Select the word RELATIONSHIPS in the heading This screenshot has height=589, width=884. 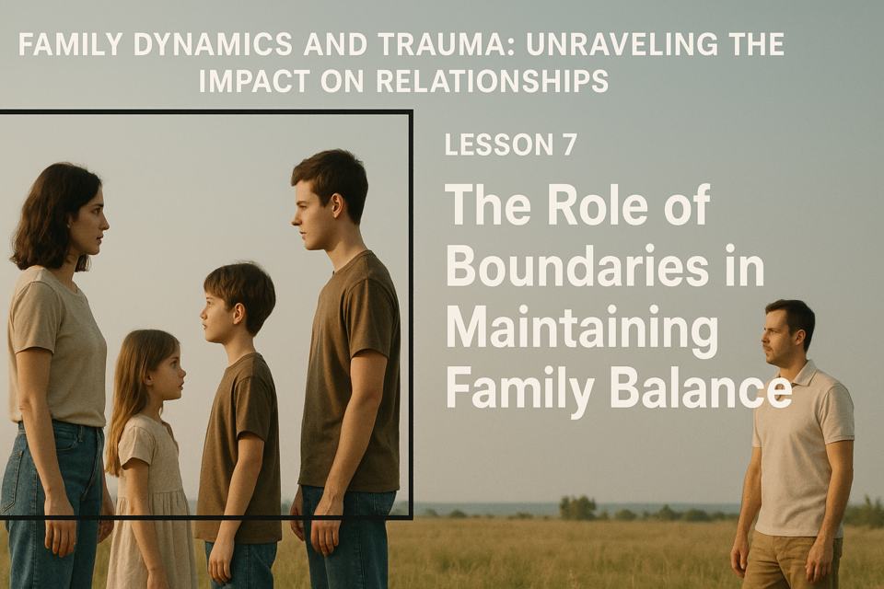point(492,81)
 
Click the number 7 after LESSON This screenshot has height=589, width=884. point(569,144)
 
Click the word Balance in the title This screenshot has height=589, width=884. point(700,390)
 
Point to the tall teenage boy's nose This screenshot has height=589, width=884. point(295,218)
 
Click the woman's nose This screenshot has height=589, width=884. point(105,227)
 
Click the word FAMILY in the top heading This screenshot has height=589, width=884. point(70,44)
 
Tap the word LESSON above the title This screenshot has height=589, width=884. point(499,144)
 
